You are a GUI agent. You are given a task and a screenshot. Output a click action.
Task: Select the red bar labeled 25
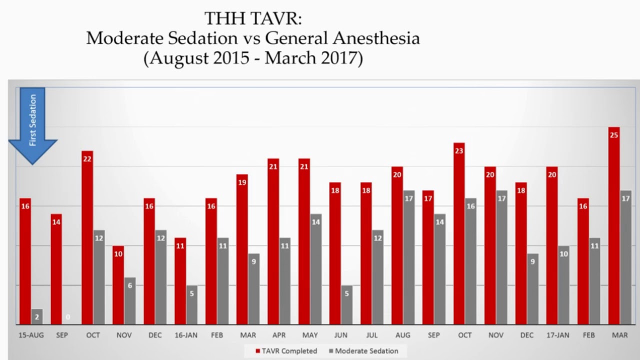click(x=613, y=225)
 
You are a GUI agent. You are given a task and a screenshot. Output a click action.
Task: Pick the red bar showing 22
click(x=87, y=237)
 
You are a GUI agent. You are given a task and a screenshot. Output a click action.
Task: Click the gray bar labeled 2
click(x=37, y=317)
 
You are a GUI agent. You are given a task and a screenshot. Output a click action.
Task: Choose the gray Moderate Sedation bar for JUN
click(x=346, y=305)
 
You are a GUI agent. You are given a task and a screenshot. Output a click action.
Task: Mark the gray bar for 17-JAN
click(x=563, y=285)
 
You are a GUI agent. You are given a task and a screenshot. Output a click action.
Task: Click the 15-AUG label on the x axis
click(x=31, y=335)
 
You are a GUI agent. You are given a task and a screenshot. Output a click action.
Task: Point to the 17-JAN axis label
click(x=557, y=335)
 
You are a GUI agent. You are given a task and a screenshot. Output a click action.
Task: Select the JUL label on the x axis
click(x=372, y=335)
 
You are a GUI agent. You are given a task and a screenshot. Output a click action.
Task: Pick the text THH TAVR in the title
click(x=253, y=19)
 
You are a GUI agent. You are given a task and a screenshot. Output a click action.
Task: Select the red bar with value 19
click(x=242, y=249)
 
